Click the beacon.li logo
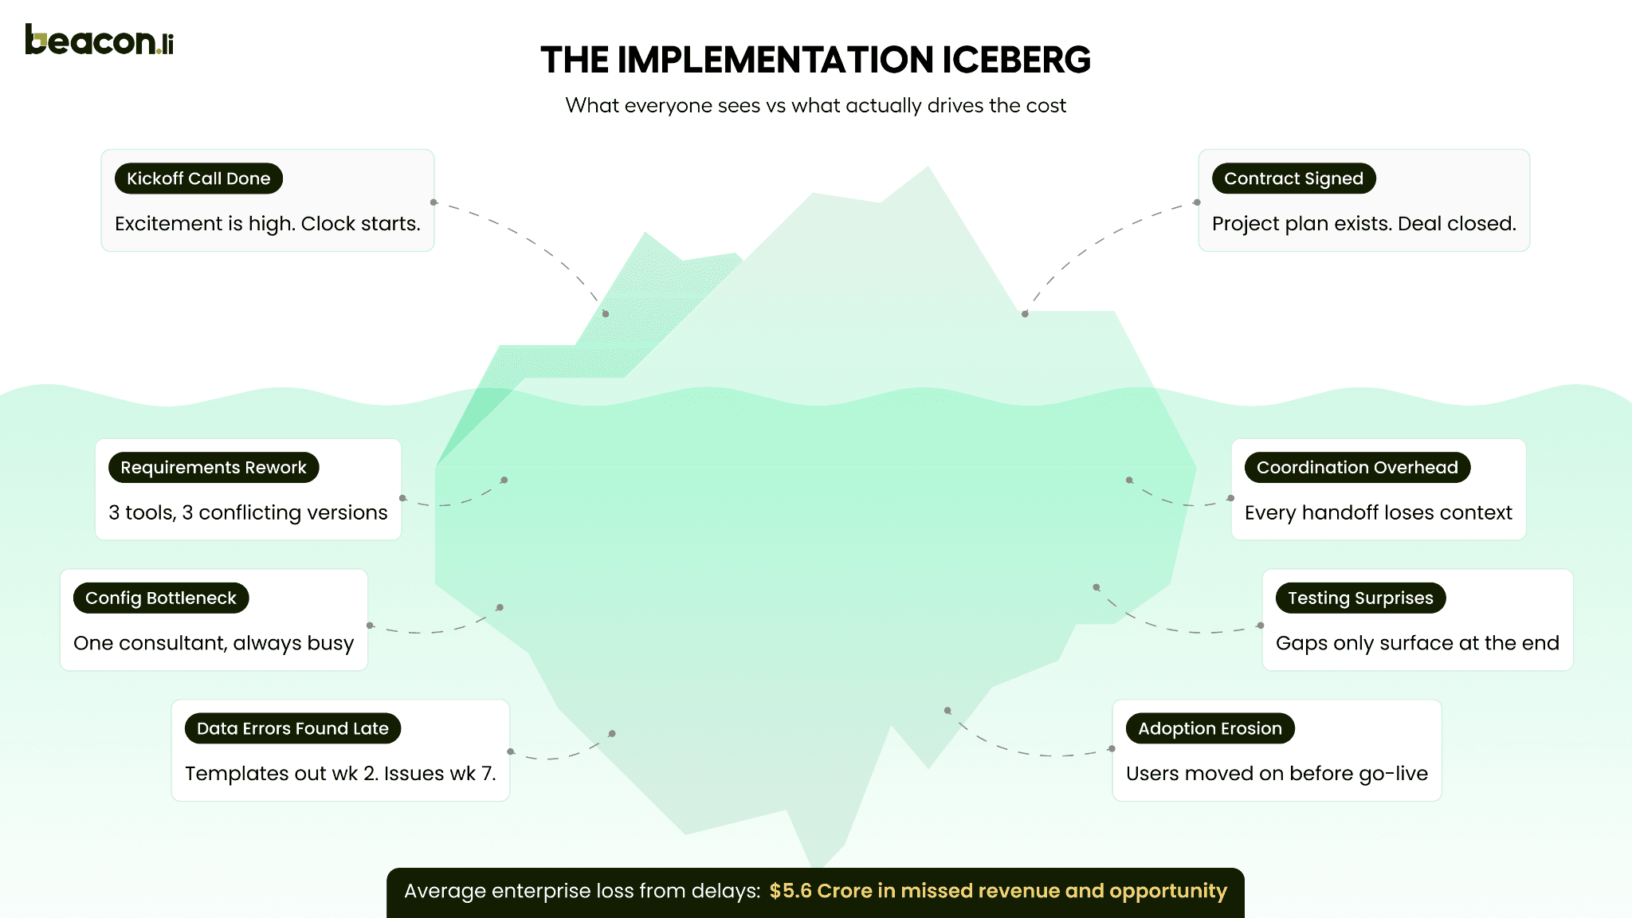coord(99,40)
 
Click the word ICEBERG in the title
coord(1016,61)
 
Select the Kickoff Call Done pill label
coord(198,178)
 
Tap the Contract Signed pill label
coord(1293,178)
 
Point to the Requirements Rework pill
coord(214,468)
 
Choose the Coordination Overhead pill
coord(1357,468)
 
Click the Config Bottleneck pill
coord(161,598)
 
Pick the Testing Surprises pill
coord(1360,598)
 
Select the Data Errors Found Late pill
coord(292,728)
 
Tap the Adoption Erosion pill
coord(1210,728)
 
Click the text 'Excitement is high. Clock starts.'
coord(267,224)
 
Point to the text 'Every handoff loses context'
coord(1378,513)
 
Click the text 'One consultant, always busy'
coord(214,643)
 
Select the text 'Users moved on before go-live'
coord(1277,774)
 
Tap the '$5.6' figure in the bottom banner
coord(790,891)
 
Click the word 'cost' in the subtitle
coord(1046,106)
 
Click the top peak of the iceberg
coord(928,168)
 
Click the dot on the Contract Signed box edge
coord(1197,202)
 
